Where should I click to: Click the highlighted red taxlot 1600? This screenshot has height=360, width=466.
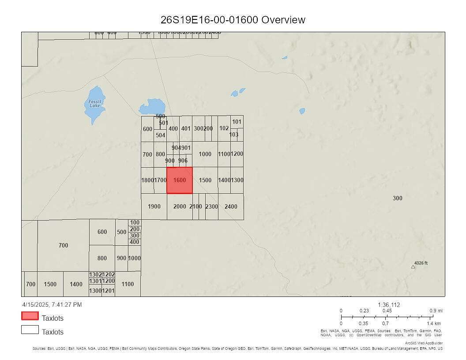pyautogui.click(x=180, y=180)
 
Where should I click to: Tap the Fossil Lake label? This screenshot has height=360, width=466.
pyautogui.click(x=94, y=103)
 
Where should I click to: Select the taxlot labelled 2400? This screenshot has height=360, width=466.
pyautogui.click(x=231, y=206)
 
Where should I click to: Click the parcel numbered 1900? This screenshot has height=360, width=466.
pyautogui.click(x=154, y=206)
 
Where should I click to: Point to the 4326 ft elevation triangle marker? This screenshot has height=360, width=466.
pyautogui.click(x=413, y=266)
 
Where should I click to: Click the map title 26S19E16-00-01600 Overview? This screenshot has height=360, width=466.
pyautogui.click(x=233, y=20)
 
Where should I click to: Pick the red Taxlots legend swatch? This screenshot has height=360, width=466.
pyautogui.click(x=30, y=316)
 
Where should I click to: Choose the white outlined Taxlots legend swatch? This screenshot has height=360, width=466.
pyautogui.click(x=30, y=330)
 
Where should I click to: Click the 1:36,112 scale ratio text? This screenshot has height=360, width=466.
pyautogui.click(x=389, y=305)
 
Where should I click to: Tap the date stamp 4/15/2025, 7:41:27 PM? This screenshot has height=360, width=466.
pyautogui.click(x=52, y=304)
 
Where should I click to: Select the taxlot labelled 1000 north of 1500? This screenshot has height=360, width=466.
pyautogui.click(x=205, y=154)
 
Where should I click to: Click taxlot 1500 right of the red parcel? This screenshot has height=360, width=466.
pyautogui.click(x=205, y=180)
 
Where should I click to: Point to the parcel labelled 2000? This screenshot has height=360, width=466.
pyautogui.click(x=180, y=206)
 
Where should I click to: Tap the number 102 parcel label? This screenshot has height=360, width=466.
pyautogui.click(x=224, y=128)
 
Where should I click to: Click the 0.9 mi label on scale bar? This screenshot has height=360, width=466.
pyautogui.click(x=436, y=311)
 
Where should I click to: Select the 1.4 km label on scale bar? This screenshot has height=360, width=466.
pyautogui.click(x=434, y=324)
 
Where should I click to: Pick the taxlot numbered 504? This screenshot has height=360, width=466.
pyautogui.click(x=161, y=135)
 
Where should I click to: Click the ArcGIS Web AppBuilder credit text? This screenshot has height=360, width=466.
pyautogui.click(x=424, y=343)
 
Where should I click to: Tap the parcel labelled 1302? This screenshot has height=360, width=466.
pyautogui.click(x=95, y=274)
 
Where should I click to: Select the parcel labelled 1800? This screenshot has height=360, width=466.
pyautogui.click(x=147, y=180)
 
